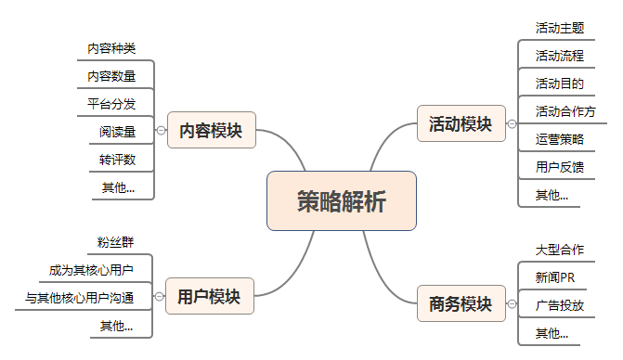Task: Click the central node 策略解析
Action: coord(341,200)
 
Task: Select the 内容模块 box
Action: coord(211,131)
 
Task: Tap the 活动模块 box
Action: coord(460,123)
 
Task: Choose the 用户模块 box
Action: coord(209,297)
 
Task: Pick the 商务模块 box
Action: coord(460,303)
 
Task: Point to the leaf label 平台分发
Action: coord(112,103)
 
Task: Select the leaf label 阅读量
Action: coord(118,132)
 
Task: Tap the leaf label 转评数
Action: coord(118,160)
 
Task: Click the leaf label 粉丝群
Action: coord(115,243)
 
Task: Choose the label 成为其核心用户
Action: coord(91,270)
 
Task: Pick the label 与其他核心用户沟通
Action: coord(80,298)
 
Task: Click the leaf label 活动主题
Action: coord(559,28)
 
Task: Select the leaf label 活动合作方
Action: coord(565,111)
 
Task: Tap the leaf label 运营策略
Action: coord(559,139)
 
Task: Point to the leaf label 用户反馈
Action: coord(559,167)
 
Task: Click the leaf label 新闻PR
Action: coord(555,277)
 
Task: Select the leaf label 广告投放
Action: coord(559,305)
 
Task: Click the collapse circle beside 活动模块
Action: coord(512,123)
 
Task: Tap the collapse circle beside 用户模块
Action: coord(160,297)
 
